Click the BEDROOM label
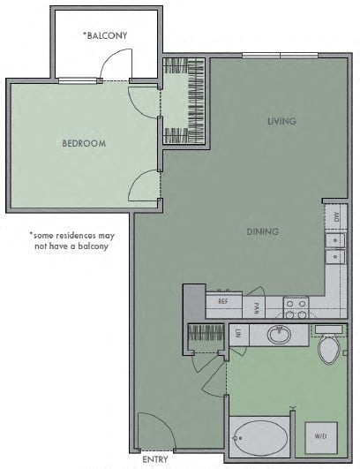[84, 143]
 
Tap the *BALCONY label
[105, 35]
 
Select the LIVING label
[281, 121]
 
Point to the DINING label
[263, 231]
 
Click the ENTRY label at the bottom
[155, 459]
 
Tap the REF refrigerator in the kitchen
[224, 305]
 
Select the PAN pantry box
[253, 306]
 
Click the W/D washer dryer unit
[321, 437]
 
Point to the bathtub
[260, 437]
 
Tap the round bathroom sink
[279, 335]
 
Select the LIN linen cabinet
[239, 335]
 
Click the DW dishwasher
[336, 217]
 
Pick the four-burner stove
[296, 306]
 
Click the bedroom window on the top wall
[78, 80]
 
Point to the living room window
[280, 56]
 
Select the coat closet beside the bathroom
[206, 337]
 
